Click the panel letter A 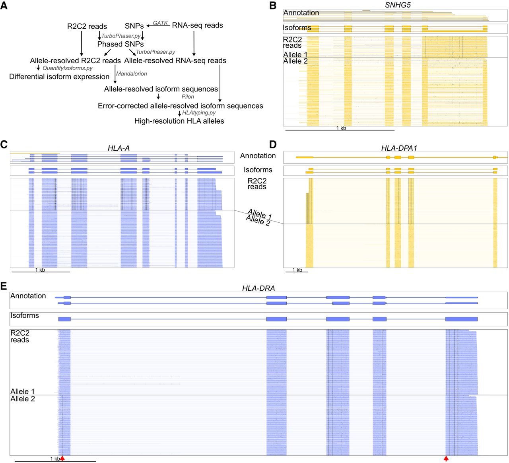(x=4, y=5)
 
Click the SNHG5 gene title (x=397, y=5)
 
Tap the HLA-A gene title (x=119, y=148)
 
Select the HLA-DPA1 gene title (x=399, y=148)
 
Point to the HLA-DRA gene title (x=258, y=288)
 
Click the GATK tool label (x=160, y=23)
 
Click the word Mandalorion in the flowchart (x=132, y=74)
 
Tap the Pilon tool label (x=188, y=97)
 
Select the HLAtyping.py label (x=199, y=113)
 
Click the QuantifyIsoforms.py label (x=68, y=68)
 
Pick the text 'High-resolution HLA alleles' (x=179, y=121)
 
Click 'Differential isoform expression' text (x=59, y=77)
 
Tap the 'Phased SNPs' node (x=120, y=44)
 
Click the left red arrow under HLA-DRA (x=62, y=458)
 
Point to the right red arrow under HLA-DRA (x=446, y=458)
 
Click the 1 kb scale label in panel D (x=297, y=270)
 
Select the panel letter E (x=4, y=286)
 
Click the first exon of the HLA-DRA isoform (x=64, y=319)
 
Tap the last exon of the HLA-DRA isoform (x=461, y=319)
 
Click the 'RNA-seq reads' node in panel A (x=197, y=25)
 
